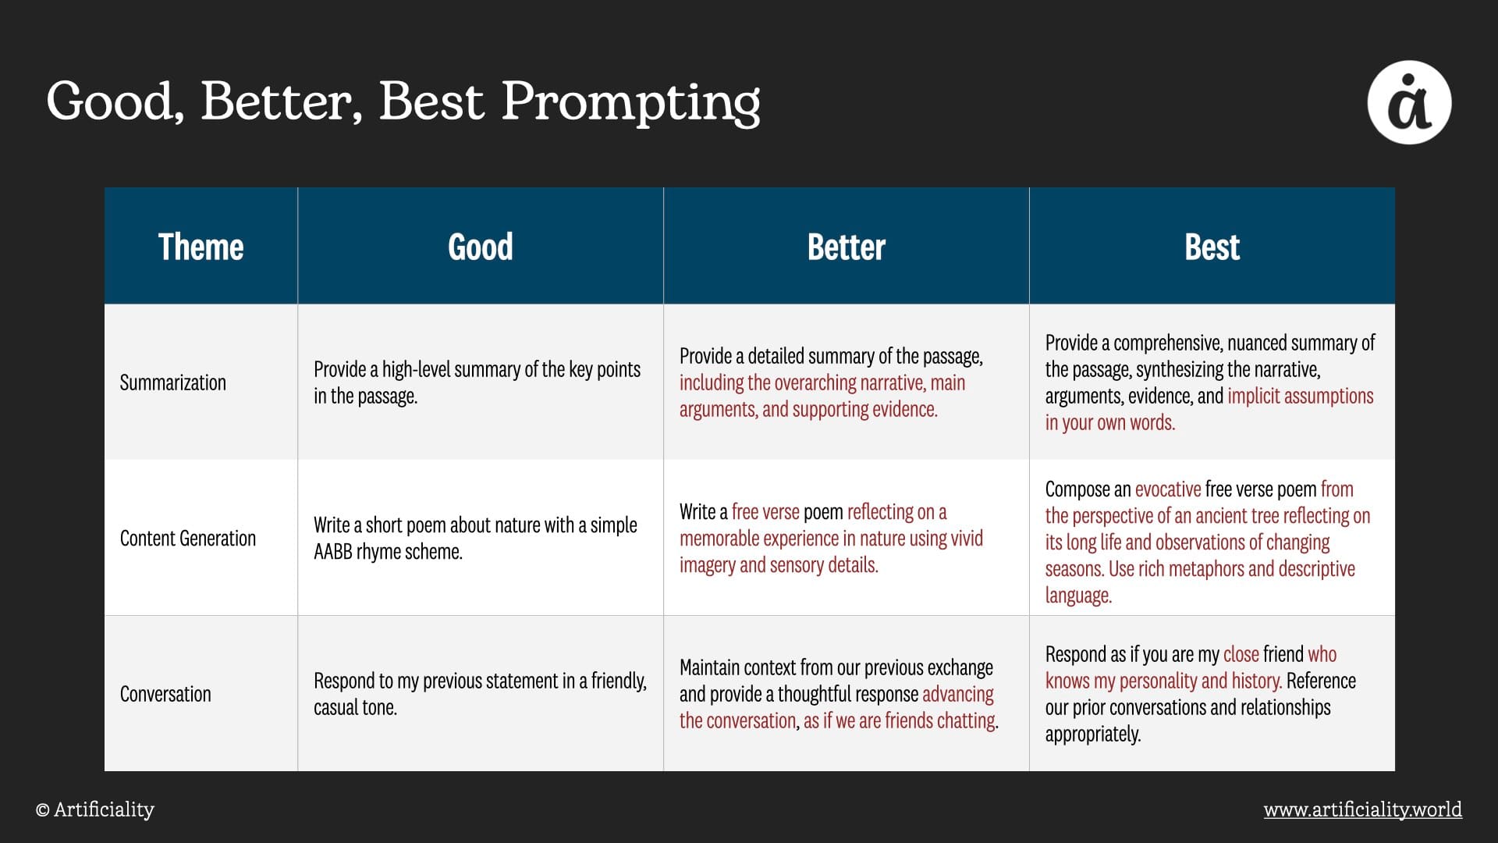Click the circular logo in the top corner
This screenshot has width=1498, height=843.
click(x=1409, y=102)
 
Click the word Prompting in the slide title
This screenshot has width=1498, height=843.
click(x=630, y=102)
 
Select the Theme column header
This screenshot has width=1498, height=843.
click(x=201, y=247)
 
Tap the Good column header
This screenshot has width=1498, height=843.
click(x=481, y=247)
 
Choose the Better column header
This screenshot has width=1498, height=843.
click(x=847, y=247)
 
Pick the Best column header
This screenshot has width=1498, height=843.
click(x=1212, y=247)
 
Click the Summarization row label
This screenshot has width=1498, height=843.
click(x=173, y=382)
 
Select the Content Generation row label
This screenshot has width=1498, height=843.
click(x=188, y=539)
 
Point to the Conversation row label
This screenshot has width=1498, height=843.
click(x=165, y=694)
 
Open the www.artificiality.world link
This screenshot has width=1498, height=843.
click(x=1363, y=809)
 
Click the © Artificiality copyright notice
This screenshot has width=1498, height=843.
click(x=95, y=809)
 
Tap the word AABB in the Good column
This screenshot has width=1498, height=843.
click(x=333, y=552)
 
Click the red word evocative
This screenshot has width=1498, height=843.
click(x=1168, y=489)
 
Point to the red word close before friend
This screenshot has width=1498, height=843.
click(x=1241, y=654)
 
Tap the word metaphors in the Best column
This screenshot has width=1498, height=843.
click(x=1205, y=569)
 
